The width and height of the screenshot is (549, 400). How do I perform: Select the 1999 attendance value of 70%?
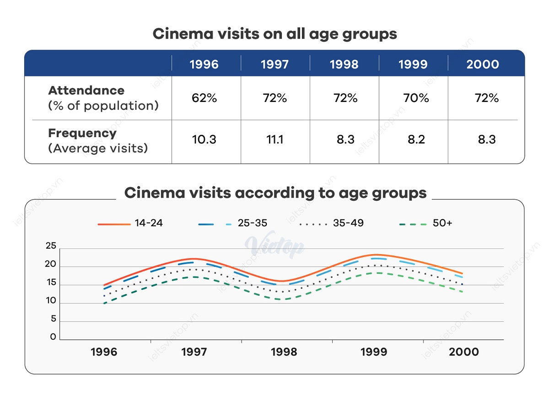tap(416, 98)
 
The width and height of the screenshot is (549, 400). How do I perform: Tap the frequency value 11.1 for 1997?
tap(274, 140)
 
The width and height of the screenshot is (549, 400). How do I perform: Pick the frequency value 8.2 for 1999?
tap(416, 140)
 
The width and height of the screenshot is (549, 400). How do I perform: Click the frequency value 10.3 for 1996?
tap(205, 140)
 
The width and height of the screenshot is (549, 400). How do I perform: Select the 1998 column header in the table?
tap(344, 64)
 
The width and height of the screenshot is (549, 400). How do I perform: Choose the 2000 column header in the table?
tap(483, 64)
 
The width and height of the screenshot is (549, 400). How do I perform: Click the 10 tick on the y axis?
tap(51, 301)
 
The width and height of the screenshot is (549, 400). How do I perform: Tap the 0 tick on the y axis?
tap(53, 337)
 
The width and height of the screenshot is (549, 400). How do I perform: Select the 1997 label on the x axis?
tap(194, 352)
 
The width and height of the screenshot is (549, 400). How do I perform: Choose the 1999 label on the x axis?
tap(374, 352)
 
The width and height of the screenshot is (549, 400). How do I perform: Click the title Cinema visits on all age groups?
tap(274, 34)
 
